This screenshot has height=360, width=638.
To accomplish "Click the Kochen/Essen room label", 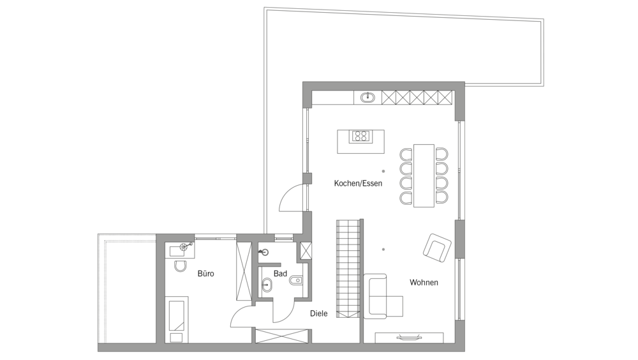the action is (x=358, y=183).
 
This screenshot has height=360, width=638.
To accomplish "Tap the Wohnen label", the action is (x=424, y=282).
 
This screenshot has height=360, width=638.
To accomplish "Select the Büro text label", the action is (x=206, y=273).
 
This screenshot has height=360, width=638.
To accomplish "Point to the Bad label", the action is (x=280, y=274).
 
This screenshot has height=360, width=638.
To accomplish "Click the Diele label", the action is (x=318, y=313).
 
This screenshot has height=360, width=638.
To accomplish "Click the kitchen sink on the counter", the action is (x=368, y=97).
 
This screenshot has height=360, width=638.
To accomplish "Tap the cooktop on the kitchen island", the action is (x=361, y=135).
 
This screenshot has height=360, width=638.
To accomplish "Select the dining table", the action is (x=424, y=176).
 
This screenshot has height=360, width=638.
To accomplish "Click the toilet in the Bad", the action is (x=297, y=281).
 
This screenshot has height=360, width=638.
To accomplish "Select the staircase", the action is (x=348, y=268).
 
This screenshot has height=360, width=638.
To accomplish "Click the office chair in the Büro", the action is (x=180, y=266).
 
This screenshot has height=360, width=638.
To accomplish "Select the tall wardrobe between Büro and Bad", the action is (x=244, y=271).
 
